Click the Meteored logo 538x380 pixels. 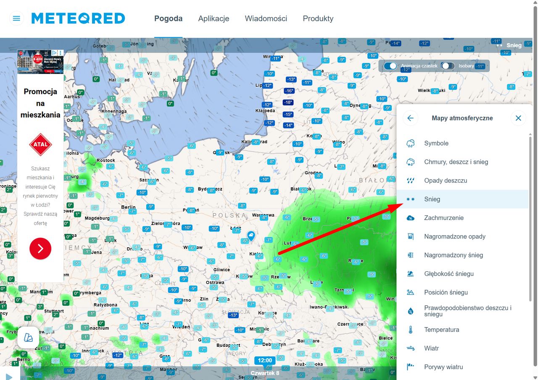coord(78,18)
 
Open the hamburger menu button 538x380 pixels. coord(16,18)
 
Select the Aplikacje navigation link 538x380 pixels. coord(214,18)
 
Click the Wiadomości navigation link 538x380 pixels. coord(266,18)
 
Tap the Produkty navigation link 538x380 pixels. coord(318,18)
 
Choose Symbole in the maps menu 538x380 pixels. coord(436,143)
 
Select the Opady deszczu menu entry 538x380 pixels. coord(446,181)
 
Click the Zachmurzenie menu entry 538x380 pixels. coord(444,218)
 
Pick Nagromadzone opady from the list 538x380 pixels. coord(455,236)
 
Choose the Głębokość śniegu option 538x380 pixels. coord(449,274)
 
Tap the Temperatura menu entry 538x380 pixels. coord(441,330)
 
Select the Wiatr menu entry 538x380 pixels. coord(431,348)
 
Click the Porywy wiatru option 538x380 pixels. coord(443,367)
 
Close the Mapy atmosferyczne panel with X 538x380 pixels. coord(518,118)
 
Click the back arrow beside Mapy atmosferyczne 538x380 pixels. coord(410,118)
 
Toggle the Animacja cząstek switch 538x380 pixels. coord(390,66)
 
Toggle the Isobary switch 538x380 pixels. coord(448,66)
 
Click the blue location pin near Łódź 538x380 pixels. coord(251,236)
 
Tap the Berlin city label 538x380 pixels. coord(128,207)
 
